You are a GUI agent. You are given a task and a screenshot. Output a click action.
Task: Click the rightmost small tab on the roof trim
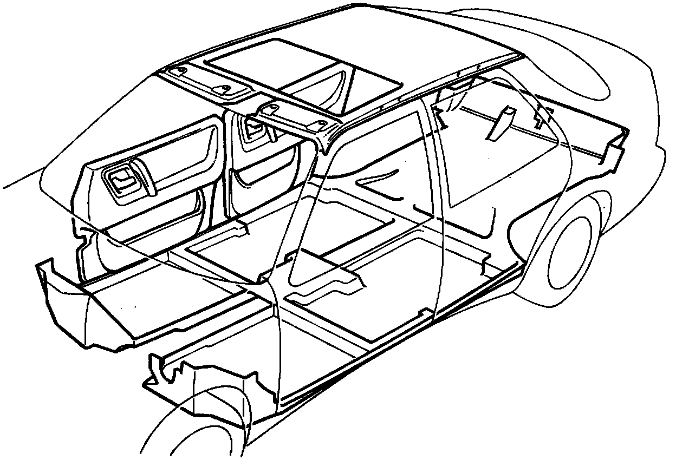[x=322, y=124]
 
